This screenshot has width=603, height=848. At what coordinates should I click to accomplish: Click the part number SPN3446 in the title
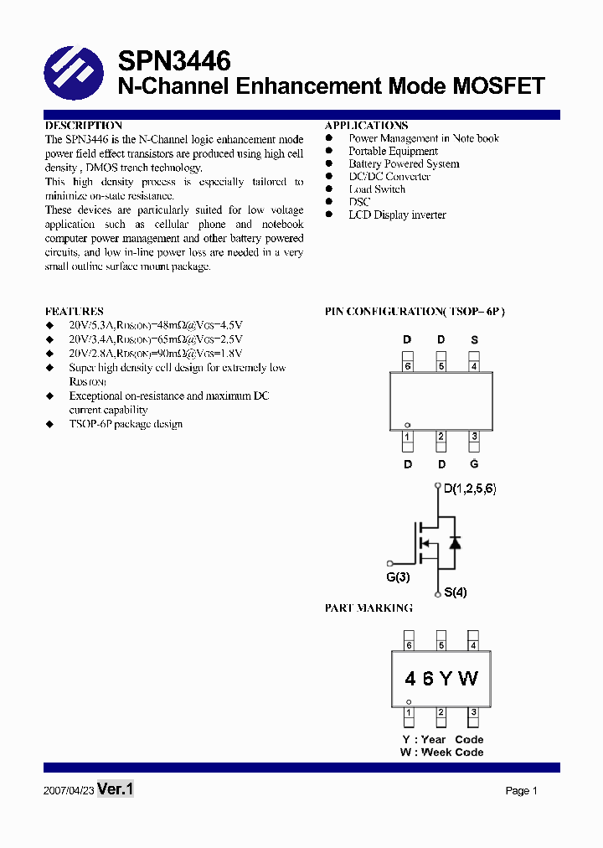coord(174,61)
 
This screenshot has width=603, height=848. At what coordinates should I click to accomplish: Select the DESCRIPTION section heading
coord(84,125)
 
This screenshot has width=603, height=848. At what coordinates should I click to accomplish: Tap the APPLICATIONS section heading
coord(366,125)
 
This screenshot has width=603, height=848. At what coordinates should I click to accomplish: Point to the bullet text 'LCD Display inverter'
coord(397,215)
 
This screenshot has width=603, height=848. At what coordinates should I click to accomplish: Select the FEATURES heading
coord(75,311)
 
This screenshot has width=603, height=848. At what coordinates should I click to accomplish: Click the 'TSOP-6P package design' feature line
coord(126,424)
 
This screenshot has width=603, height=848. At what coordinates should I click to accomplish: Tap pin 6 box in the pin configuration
coord(408,365)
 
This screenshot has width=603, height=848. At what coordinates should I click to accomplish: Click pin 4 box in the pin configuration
coord(474,365)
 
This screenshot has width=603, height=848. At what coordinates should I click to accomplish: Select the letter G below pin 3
coord(475,464)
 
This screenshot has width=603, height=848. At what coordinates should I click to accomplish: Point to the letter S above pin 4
coord(475,340)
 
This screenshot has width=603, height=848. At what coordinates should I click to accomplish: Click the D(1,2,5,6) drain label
coord(470,489)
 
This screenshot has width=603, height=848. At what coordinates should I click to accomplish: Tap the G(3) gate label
coord(398,578)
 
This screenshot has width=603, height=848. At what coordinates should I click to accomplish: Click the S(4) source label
coord(456,592)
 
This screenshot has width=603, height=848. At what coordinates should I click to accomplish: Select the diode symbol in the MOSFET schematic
coord(455,542)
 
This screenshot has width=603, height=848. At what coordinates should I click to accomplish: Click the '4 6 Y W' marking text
coord(441,679)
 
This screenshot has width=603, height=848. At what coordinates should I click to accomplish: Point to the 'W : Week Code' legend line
coord(441,752)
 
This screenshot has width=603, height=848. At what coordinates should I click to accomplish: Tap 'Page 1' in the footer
coord(521,790)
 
